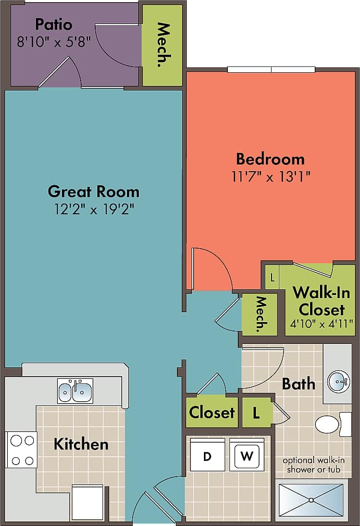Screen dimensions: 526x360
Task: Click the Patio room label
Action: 54,24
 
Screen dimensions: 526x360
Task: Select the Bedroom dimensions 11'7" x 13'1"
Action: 271,177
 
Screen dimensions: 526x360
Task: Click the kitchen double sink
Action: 75,391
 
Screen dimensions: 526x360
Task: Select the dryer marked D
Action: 207,456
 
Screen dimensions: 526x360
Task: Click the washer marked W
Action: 247,456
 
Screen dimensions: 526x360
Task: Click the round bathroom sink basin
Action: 338,381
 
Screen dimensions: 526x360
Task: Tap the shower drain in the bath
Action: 311,500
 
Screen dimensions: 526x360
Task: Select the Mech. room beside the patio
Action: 163,45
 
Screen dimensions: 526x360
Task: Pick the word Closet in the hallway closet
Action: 212,413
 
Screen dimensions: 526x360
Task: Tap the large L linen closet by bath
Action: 256,413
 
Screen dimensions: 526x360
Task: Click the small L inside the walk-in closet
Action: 272,277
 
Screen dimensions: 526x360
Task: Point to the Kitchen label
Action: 81,444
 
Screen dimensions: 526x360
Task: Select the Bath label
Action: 299,384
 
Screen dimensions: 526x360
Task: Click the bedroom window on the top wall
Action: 271,69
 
